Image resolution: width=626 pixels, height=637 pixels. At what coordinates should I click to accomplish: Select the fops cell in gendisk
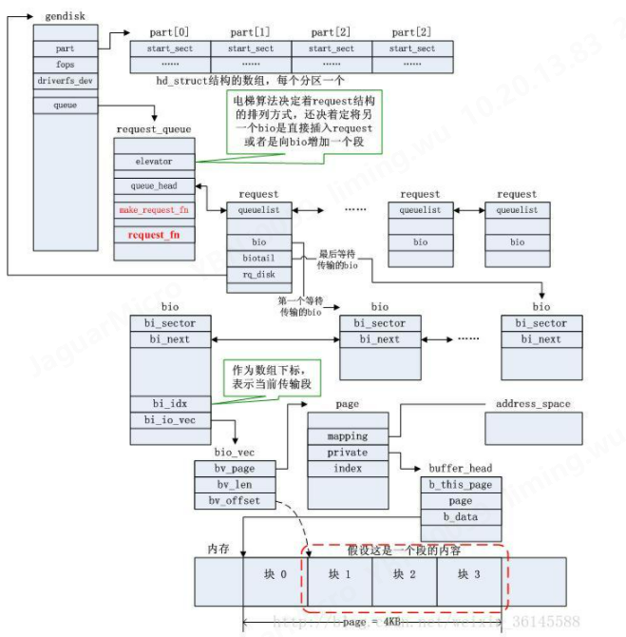[65, 64]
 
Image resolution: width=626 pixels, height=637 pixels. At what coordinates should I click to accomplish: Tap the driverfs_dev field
[65, 81]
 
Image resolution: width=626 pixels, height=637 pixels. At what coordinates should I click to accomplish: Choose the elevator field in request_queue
[154, 162]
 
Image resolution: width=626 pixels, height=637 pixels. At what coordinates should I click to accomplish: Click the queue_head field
[154, 186]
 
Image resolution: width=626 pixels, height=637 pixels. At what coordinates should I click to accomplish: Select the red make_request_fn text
[154, 209]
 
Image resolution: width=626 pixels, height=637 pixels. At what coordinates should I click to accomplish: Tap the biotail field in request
[259, 258]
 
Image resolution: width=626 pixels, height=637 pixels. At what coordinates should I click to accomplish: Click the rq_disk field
[259, 275]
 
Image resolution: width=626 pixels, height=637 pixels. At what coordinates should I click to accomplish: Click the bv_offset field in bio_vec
[234, 500]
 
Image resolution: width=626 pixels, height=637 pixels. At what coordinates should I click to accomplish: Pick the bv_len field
[234, 484]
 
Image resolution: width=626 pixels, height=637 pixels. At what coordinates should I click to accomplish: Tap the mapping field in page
[348, 436]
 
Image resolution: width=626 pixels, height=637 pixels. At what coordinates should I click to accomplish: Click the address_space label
[533, 404]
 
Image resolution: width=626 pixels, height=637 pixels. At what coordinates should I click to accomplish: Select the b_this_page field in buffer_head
[461, 485]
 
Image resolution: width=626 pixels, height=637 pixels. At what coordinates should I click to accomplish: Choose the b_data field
[461, 517]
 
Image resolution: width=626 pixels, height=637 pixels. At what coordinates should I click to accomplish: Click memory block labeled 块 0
[275, 574]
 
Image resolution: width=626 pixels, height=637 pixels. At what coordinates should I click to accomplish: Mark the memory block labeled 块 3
[469, 574]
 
